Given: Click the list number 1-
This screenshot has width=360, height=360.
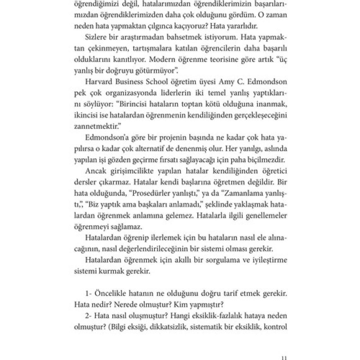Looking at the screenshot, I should click(90, 293).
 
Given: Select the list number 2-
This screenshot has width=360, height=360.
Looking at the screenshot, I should click(90, 315).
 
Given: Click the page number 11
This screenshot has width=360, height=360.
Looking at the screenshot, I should click(284, 357).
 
